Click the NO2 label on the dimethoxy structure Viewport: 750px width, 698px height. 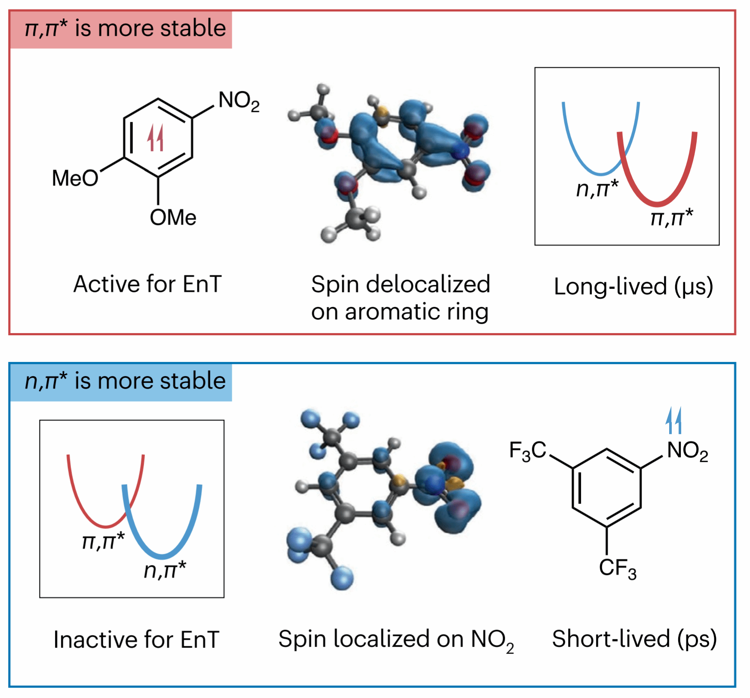point(239,102)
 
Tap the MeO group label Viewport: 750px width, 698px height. point(75,178)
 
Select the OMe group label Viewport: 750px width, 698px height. point(173,218)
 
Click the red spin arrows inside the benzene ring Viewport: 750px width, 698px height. point(155,138)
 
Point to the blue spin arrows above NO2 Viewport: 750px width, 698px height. point(673,421)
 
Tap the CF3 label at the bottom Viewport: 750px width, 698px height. point(618,568)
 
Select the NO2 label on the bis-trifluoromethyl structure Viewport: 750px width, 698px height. point(687,451)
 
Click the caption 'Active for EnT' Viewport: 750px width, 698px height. point(148,284)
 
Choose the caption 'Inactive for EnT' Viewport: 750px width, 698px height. point(136,639)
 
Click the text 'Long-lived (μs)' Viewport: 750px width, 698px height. point(633,287)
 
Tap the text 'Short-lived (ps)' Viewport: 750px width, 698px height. point(634,639)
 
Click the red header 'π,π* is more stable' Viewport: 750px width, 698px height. point(125,29)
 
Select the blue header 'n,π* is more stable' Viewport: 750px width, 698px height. point(125,382)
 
